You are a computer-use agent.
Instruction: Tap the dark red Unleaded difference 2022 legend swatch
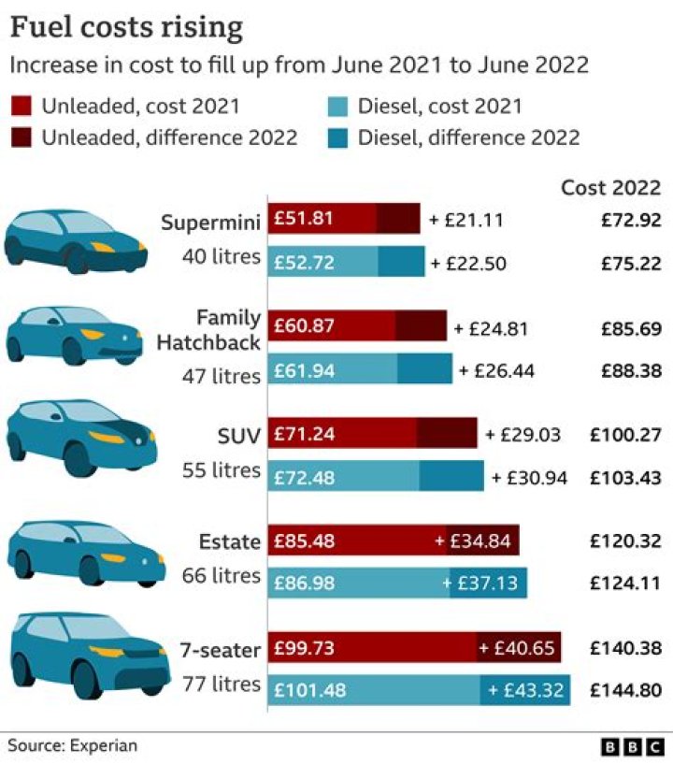click(x=24, y=137)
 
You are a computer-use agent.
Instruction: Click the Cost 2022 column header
click(x=610, y=187)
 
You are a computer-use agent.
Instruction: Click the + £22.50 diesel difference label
click(x=468, y=264)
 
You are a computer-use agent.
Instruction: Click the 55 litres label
click(x=221, y=469)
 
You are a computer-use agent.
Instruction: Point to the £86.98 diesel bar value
click(x=305, y=584)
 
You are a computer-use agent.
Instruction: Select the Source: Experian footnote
click(x=73, y=745)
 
